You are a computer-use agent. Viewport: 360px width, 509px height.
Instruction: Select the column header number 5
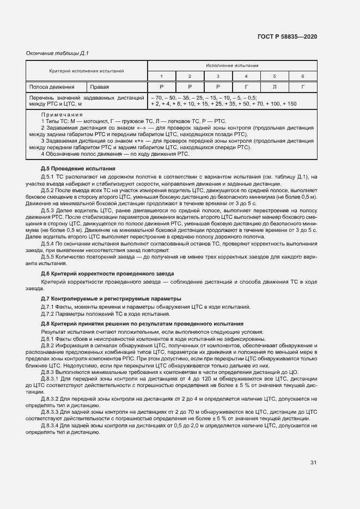pos(274,76)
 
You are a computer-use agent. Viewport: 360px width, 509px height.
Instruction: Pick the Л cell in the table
pos(274,87)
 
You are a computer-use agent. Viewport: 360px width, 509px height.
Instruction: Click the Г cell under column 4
pos(246,87)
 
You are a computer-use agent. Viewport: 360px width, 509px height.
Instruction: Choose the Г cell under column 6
pos(302,87)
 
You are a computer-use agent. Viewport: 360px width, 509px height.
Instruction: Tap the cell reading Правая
pos(100,87)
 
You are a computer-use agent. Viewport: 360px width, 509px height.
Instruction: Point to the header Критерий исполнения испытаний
pos(87,71)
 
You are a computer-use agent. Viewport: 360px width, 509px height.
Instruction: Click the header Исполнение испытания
pos(232,65)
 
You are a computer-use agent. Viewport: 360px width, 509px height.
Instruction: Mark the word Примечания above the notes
pos(62,115)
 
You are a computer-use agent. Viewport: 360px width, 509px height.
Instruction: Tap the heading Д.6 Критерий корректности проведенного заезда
pos(108,273)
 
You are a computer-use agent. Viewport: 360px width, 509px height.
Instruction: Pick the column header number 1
pos(161,76)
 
